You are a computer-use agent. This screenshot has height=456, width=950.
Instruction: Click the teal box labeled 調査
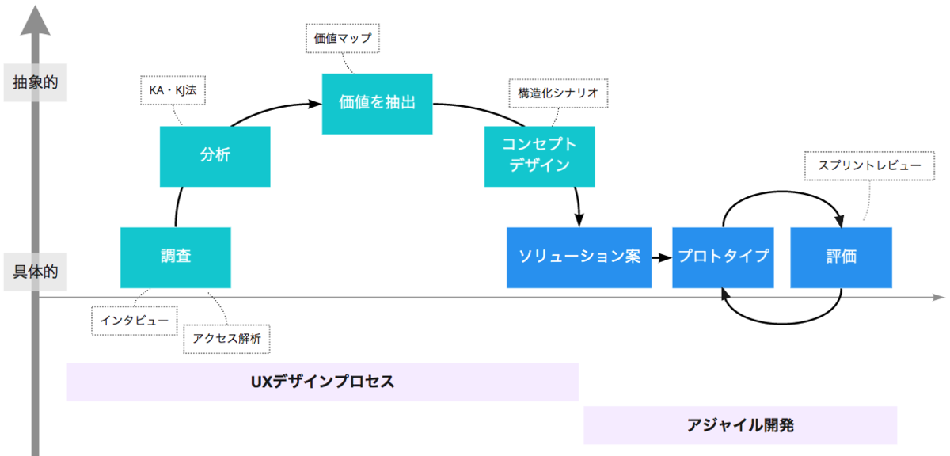tap(175, 257)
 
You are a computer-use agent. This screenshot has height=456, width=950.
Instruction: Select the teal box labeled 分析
tap(215, 154)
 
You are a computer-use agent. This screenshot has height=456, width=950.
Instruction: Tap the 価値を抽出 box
tap(377, 104)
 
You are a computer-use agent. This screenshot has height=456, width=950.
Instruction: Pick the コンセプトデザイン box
tap(539, 155)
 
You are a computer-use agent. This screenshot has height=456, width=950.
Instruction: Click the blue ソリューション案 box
tap(579, 257)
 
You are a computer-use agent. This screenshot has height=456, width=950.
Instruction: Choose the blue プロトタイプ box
tap(722, 257)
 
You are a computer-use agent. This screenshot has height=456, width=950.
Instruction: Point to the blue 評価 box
tap(841, 257)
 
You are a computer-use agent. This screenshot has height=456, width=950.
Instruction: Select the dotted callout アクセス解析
tap(226, 338)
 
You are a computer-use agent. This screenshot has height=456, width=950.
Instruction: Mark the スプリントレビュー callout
tap(869, 166)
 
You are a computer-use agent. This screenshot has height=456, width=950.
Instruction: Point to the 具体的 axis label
tap(36, 272)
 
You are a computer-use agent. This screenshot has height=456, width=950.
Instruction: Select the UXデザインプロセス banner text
tap(322, 382)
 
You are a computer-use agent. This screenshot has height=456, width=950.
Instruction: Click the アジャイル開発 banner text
tap(740, 425)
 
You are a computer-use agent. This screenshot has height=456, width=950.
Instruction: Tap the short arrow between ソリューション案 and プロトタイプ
tap(661, 257)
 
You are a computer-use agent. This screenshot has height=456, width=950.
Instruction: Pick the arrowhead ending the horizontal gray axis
tap(938, 298)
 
